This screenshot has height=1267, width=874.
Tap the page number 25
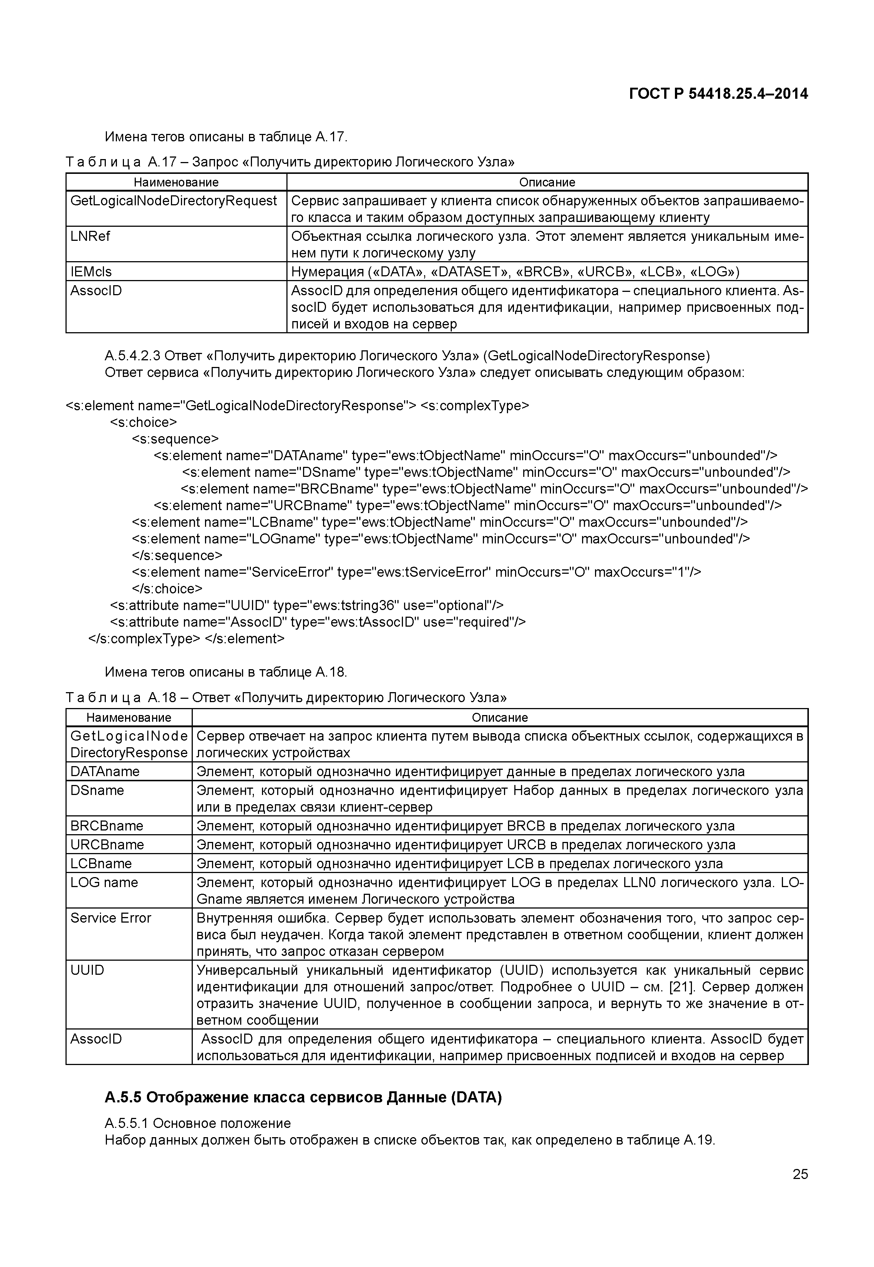pos(800,1174)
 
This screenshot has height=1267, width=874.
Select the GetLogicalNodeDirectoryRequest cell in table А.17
pos(174,201)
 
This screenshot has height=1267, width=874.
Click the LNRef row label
pos(90,236)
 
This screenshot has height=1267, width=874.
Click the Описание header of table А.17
pos(547,182)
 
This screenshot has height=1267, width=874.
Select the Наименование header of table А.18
pos(129,717)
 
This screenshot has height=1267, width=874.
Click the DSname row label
pos(97,790)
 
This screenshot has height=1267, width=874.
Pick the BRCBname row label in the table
pos(107,826)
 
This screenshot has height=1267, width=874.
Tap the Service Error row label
pos(111,918)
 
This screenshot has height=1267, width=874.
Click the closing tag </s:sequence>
pos(177,555)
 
